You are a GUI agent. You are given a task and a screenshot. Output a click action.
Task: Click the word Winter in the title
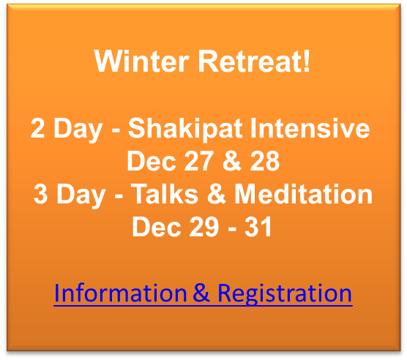(141, 61)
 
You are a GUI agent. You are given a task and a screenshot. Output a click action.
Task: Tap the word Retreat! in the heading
(254, 61)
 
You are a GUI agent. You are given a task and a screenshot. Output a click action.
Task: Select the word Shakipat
(185, 129)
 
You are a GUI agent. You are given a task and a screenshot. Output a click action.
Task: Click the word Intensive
(310, 128)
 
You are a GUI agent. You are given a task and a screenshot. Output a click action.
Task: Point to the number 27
(199, 161)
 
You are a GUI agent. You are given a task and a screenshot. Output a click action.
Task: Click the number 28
(265, 161)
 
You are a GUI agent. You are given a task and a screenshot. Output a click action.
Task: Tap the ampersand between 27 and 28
(232, 161)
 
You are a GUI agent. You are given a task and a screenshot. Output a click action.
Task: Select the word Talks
(165, 194)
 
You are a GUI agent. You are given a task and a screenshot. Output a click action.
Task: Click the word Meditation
(304, 194)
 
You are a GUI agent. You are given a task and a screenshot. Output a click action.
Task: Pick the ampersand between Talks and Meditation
(217, 194)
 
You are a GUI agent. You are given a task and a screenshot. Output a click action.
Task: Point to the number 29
(204, 227)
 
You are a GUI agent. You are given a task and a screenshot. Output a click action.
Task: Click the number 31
(258, 227)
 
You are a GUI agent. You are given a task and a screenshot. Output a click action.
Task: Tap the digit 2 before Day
(37, 128)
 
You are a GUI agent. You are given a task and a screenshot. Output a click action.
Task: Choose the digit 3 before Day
(41, 194)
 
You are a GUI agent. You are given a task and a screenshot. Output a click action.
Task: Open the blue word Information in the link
(121, 293)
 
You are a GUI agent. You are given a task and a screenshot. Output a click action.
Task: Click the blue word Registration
(285, 294)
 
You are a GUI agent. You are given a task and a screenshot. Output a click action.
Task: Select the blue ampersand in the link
(201, 293)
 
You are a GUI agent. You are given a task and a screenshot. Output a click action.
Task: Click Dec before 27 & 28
(152, 161)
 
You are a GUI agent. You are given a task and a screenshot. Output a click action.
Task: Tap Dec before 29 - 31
(157, 227)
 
